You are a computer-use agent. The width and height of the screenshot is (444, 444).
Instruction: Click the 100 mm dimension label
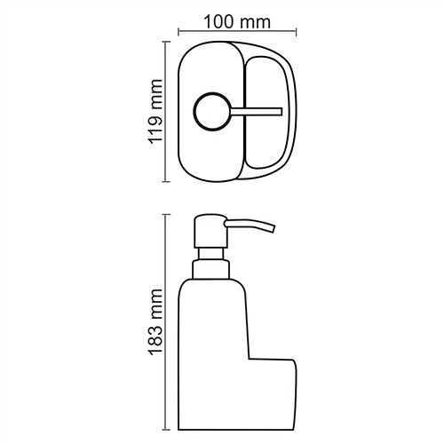[235, 20]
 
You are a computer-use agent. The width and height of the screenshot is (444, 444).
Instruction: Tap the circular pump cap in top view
[210, 111]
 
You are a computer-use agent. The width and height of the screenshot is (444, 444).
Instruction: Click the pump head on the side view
[206, 230]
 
